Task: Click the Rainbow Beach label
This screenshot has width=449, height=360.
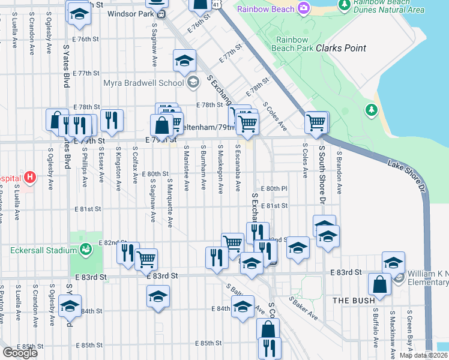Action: pos(265,9)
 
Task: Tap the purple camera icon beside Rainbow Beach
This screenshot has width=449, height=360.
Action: pos(304,8)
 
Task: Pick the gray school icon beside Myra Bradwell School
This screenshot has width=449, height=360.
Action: pos(193,83)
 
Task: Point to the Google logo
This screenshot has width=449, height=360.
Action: pos(20,353)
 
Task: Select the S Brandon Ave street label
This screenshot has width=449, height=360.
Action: pos(339,172)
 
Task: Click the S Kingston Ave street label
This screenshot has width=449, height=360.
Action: pos(118,164)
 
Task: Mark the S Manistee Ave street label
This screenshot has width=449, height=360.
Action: pos(186,168)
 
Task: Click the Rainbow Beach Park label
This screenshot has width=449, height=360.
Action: pos(292,44)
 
